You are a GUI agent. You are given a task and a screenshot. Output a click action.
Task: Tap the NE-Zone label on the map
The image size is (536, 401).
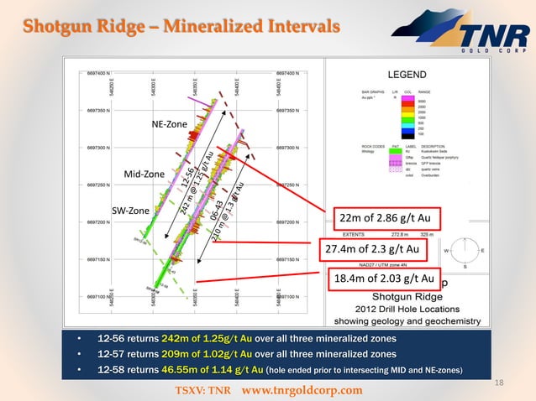tap(169, 125)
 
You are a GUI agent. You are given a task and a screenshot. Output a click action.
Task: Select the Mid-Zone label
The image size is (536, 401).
tap(144, 174)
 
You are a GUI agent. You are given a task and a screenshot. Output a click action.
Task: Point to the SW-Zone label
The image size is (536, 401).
tap(130, 210)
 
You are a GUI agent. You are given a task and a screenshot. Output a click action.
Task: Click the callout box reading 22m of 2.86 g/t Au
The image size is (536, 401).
tap(384, 219)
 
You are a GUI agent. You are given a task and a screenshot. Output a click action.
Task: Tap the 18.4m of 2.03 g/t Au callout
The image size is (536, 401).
tap(384, 279)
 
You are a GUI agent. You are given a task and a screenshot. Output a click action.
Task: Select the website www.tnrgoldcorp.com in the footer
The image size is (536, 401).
tap(302, 391)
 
